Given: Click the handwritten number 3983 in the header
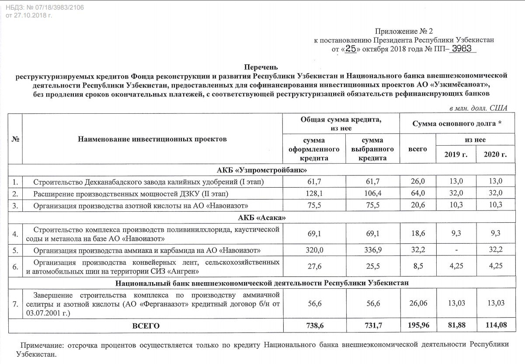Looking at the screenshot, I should tap(461, 49).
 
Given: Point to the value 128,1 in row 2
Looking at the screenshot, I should tap(314, 193).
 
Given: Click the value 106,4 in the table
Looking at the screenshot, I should tap(372, 193).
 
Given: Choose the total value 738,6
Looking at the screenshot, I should tap(314, 326).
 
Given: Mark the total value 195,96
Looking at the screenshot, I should tap(417, 326).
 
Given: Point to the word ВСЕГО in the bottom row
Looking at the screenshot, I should tap(146, 326).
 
